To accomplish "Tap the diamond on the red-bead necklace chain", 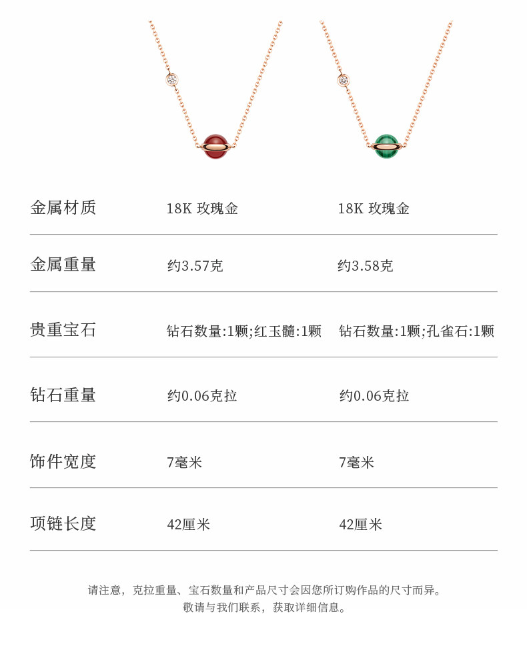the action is pos(172,80).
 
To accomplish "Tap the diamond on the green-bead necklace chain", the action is pos(344,81).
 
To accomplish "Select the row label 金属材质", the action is pos(63,208).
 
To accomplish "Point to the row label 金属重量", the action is pos(63,265).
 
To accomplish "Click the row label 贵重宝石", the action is pos(63,330).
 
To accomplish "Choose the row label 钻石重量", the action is pos(63,395).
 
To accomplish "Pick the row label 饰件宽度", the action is pos(63,461).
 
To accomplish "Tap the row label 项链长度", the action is pos(63,524).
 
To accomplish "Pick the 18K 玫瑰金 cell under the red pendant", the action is pos(202,209).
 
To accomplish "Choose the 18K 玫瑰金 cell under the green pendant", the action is pos(374,209).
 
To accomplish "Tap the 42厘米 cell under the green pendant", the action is pos(360,525).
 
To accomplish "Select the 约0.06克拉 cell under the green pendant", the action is pos(374,397).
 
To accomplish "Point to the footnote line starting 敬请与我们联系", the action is pos(265,607).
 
